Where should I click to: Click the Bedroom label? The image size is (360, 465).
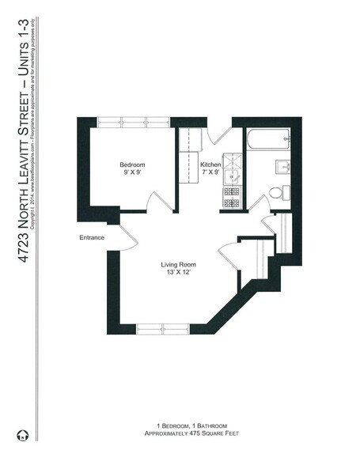[132, 164]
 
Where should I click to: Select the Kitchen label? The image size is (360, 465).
[210, 164]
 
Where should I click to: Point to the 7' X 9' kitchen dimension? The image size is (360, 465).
[210, 172]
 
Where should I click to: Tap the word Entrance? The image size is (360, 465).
[93, 236]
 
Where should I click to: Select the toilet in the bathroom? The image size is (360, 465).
[277, 192]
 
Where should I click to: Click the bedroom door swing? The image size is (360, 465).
[159, 201]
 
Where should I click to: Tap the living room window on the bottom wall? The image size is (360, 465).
[161, 328]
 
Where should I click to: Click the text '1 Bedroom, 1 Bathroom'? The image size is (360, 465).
[180, 425]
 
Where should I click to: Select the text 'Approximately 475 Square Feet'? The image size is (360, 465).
[180, 433]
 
